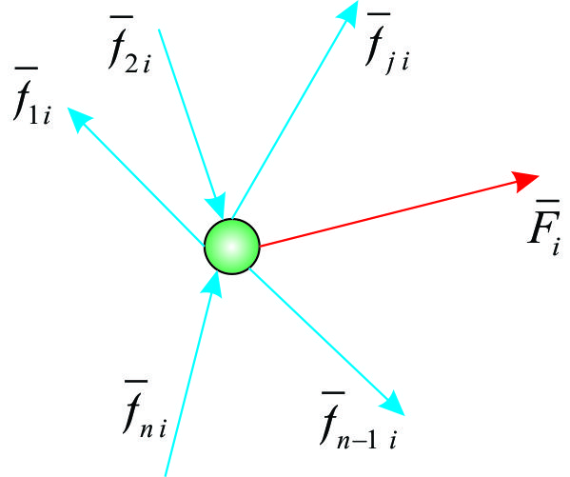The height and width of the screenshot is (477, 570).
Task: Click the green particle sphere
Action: [x=232, y=247]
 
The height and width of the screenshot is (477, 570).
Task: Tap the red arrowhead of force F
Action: [x=525, y=181]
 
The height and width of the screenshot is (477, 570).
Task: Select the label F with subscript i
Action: [x=544, y=228]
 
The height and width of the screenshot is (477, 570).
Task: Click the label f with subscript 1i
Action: [x=32, y=96]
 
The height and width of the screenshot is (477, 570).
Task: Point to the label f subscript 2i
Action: [x=129, y=45]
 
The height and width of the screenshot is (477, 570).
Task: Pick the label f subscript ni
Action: [x=145, y=408]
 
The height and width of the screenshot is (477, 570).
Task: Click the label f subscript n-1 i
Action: [x=359, y=420]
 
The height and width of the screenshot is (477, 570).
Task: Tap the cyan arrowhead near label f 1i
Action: [x=80, y=119]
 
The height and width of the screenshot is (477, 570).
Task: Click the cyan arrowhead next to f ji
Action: [x=348, y=13]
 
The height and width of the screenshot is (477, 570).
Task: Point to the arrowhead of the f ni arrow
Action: [x=212, y=286]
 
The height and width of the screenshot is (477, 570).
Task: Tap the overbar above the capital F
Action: [x=548, y=201]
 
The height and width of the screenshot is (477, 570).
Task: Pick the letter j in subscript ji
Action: [x=390, y=65]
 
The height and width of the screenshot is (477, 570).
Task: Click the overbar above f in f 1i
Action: [x=27, y=68]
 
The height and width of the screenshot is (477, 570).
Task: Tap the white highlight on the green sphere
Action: [x=231, y=247]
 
